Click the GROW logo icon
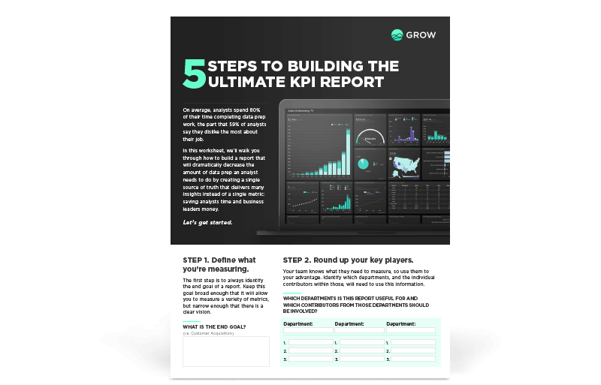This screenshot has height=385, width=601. pyautogui.click(x=397, y=35)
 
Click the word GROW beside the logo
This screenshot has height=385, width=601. pyautogui.click(x=422, y=35)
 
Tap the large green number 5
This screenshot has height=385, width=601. pyautogui.click(x=194, y=75)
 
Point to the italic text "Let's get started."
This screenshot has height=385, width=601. pyautogui.click(x=207, y=223)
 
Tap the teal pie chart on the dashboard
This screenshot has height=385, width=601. pyautogui.click(x=363, y=164)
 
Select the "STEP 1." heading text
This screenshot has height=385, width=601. pyautogui.click(x=198, y=260)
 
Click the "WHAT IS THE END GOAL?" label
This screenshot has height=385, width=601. pyautogui.click(x=214, y=326)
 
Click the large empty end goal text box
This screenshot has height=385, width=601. pyautogui.click(x=226, y=351)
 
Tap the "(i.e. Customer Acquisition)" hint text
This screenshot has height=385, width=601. pyautogui.click(x=209, y=333)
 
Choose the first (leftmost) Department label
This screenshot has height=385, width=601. pyautogui.click(x=298, y=323)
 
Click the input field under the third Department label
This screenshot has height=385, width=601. pyautogui.click(x=411, y=330)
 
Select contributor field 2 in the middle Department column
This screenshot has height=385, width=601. pyautogui.click(x=362, y=350)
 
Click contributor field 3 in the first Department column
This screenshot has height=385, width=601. pyautogui.click(x=310, y=359)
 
